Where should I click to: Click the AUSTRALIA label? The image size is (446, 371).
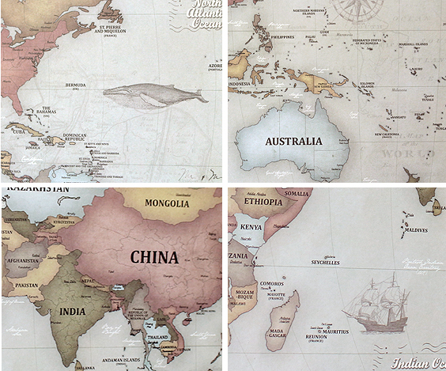(x=293, y=141)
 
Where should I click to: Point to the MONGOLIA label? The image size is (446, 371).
(x=167, y=203)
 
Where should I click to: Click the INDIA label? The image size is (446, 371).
(x=73, y=312)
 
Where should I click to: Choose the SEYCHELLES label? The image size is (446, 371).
(x=324, y=263)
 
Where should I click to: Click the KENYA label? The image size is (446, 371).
(x=251, y=227)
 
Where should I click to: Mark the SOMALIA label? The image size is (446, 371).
(x=297, y=194)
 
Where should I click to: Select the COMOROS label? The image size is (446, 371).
(x=273, y=283)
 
